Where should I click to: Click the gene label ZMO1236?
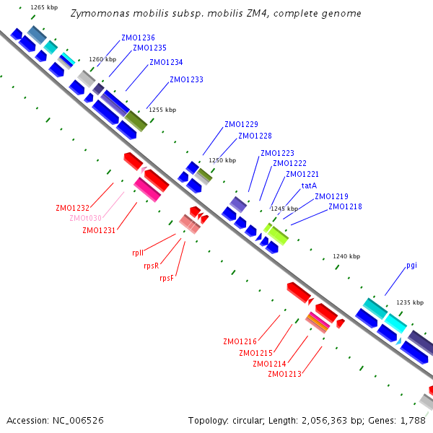coord(138,38)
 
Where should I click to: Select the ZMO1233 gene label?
coord(186,79)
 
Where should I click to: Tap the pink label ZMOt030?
coord(85,218)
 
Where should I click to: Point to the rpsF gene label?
coord(167,278)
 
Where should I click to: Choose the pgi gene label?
coord(411,265)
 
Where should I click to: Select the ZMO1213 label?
coord(284,374)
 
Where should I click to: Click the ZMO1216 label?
coord(240,341)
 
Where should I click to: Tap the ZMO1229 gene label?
coord(241,124)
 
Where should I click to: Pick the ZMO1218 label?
coord(345,206)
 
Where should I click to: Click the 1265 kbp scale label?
coord(44,7)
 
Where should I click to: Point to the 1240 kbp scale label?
coord(346,256)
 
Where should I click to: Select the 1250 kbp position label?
coord(222,160)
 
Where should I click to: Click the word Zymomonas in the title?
coord(98,14)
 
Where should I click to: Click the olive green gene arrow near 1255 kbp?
coord(136,121)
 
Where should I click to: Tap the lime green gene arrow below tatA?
coord(276,234)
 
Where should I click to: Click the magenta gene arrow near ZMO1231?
coord(147,189)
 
